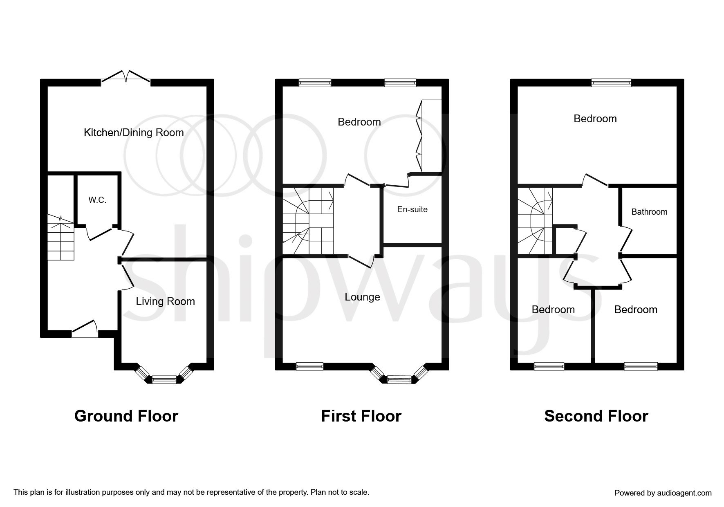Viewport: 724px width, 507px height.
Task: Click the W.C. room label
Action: (x=97, y=200)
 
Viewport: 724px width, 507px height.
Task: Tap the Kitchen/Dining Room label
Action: (x=134, y=132)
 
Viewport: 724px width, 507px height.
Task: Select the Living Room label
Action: (x=165, y=301)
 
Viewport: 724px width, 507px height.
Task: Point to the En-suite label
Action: (x=412, y=209)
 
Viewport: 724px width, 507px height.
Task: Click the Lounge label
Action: (x=362, y=297)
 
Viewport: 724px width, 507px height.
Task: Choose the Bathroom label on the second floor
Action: (x=649, y=212)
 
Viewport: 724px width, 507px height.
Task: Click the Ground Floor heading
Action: (x=126, y=416)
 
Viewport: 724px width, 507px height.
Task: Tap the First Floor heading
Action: (x=361, y=416)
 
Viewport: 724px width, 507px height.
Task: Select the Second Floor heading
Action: (x=596, y=416)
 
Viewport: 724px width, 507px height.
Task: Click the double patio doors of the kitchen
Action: (x=126, y=78)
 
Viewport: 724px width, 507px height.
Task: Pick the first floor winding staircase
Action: (x=308, y=221)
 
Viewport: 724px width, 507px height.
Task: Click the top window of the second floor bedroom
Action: (x=611, y=83)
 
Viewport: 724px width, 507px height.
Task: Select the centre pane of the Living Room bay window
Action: (x=164, y=380)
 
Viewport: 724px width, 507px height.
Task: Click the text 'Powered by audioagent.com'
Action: (x=663, y=493)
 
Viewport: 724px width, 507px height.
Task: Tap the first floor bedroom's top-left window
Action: (x=315, y=83)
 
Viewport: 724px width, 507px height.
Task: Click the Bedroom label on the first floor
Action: (x=359, y=122)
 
